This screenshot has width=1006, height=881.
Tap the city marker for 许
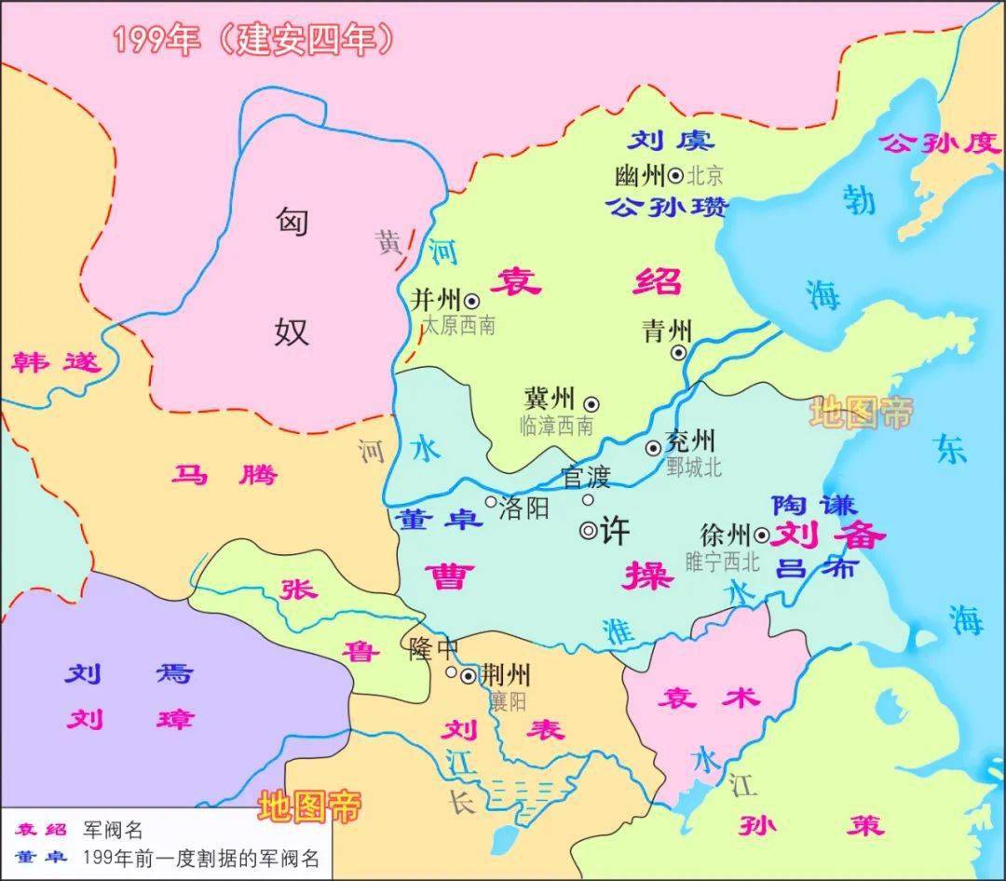coord(589,531)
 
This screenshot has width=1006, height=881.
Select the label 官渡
coord(586,478)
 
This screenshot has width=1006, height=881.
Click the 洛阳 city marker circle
coord(491,502)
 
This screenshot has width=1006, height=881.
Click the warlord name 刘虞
coord(670,141)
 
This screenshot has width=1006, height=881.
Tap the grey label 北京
coord(704,175)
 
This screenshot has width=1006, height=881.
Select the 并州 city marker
coord(472,301)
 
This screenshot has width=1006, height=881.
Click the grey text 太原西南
coord(458,325)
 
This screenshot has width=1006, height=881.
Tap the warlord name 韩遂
coord(55,362)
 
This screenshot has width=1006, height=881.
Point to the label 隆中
coord(430,649)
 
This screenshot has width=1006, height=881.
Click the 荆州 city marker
coord(468,675)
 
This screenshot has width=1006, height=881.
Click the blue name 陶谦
coord(814,504)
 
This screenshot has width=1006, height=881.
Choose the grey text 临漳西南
coord(556,426)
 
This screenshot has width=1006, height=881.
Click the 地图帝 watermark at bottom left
coord(309,806)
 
